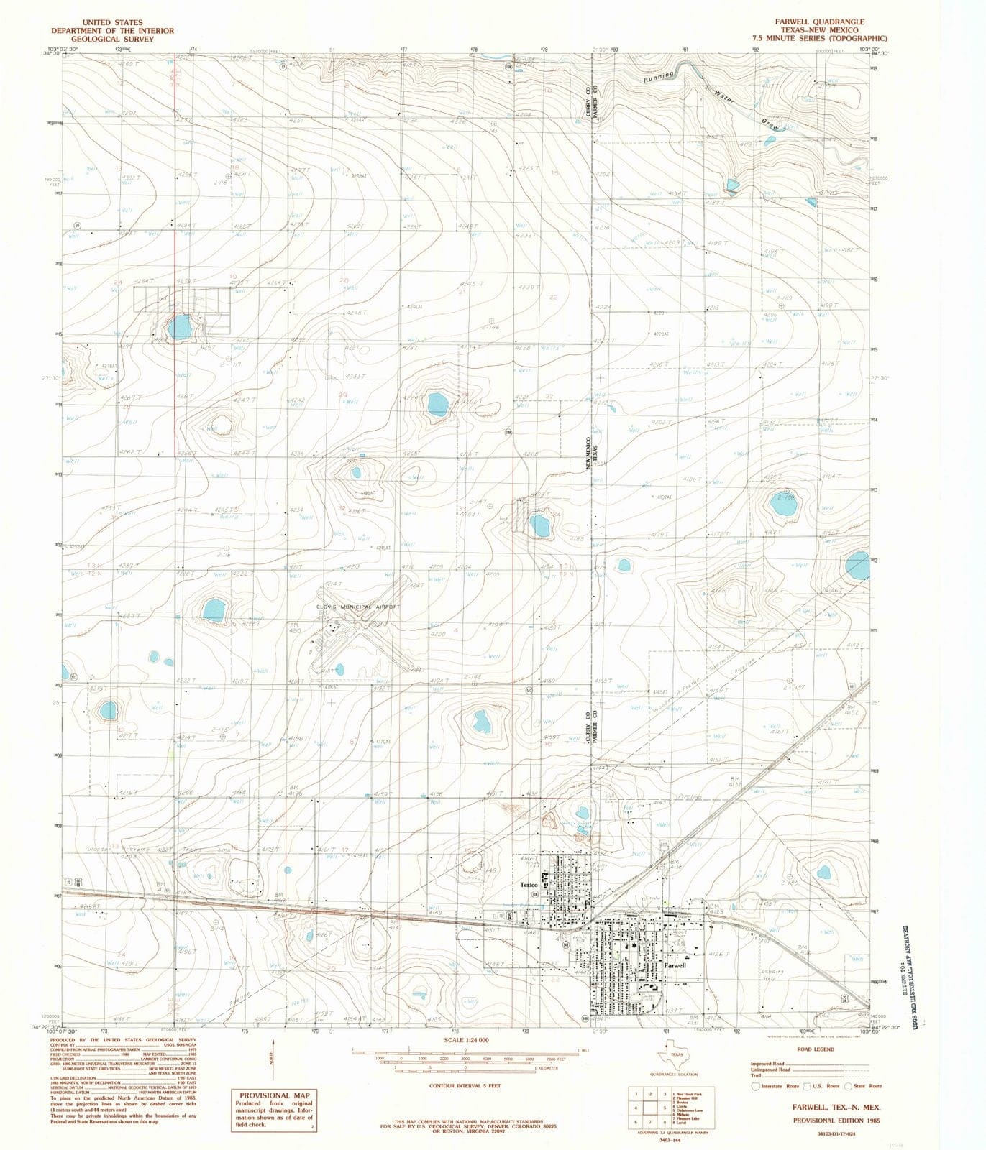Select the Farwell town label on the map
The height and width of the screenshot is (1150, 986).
pos(675,965)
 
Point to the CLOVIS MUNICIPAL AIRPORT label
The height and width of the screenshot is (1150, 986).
pos(357,607)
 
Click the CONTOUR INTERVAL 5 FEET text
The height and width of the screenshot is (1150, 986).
pos(465,1086)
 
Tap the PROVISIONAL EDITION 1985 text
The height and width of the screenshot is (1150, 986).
pos(836,1121)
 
